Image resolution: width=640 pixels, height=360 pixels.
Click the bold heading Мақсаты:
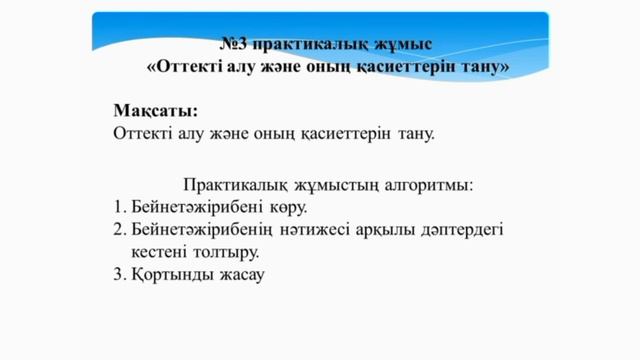pos(155,110)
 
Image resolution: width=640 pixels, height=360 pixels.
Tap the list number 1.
pos(118,207)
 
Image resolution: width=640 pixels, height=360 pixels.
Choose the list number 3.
pos(118,273)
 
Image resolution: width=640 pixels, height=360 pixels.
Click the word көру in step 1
pos(284,207)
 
